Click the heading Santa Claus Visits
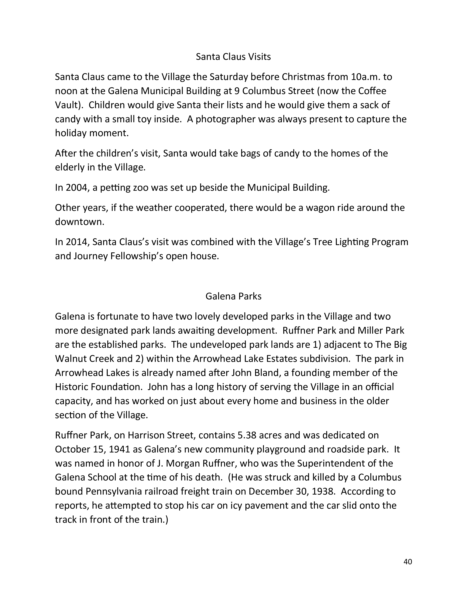point(233,57)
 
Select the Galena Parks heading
point(233,296)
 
